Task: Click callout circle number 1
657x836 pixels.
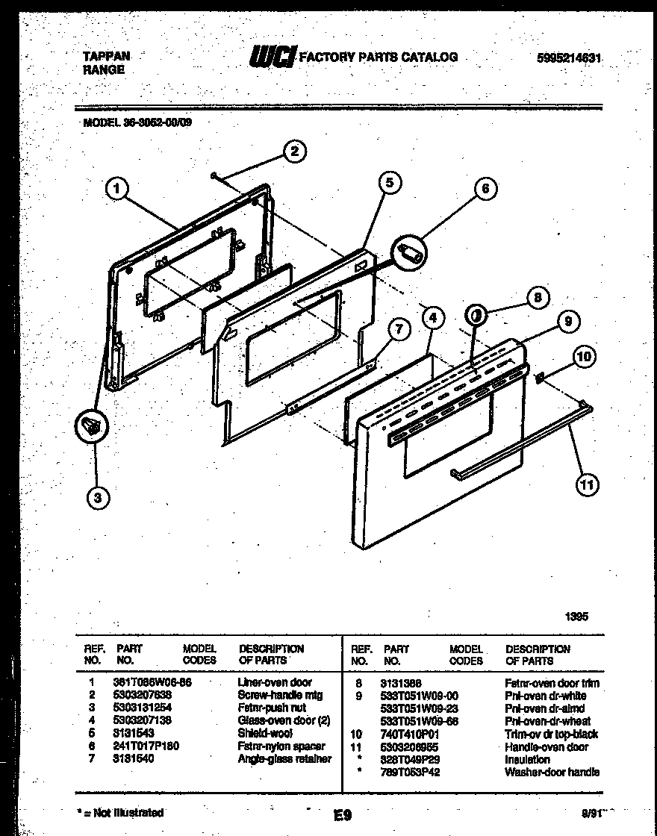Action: (115, 191)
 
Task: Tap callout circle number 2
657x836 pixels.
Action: (295, 152)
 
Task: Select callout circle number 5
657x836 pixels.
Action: (389, 183)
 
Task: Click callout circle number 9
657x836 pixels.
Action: (567, 322)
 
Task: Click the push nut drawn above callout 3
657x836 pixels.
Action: (92, 426)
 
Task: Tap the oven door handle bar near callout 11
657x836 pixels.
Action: (523, 440)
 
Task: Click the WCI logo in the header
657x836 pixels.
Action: (273, 57)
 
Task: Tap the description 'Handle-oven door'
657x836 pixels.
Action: (547, 746)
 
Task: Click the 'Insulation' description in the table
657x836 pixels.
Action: (527, 759)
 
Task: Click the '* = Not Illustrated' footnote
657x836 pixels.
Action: (120, 812)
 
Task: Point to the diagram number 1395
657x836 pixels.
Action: (575, 617)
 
